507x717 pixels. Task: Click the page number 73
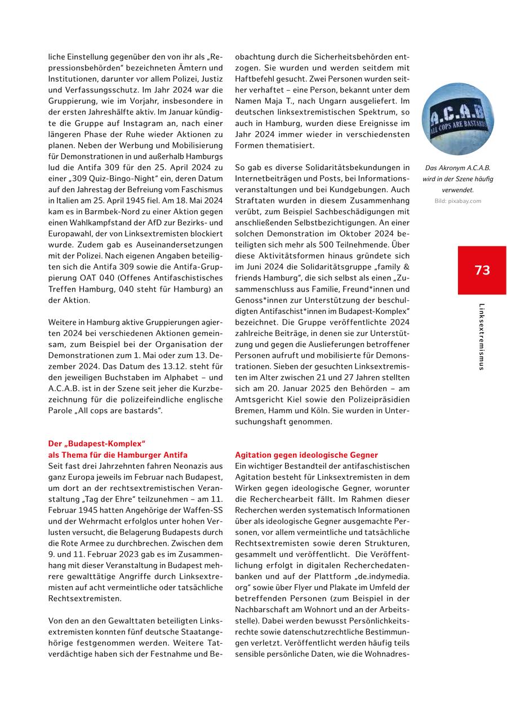(x=482, y=270)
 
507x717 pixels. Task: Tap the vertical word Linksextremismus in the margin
(x=481, y=337)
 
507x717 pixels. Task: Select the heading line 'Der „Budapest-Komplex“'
(x=97, y=444)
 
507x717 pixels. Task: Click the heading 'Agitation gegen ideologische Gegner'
(x=306, y=455)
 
